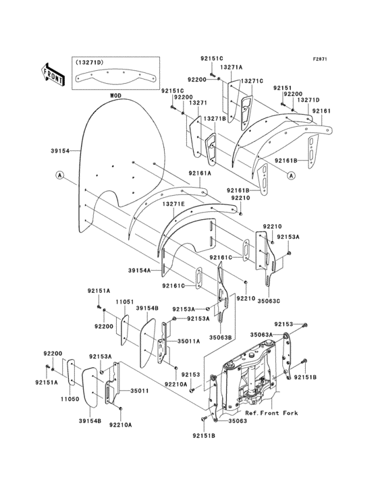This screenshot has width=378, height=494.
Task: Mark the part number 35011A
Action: click(x=188, y=341)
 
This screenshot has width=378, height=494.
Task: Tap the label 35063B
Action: click(x=220, y=336)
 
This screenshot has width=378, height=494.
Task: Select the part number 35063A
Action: click(x=261, y=334)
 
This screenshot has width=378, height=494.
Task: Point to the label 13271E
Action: click(x=173, y=202)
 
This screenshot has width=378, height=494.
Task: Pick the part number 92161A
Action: click(x=200, y=173)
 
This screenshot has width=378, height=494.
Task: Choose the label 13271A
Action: click(x=231, y=67)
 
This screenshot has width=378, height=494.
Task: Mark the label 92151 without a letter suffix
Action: click(x=281, y=88)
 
